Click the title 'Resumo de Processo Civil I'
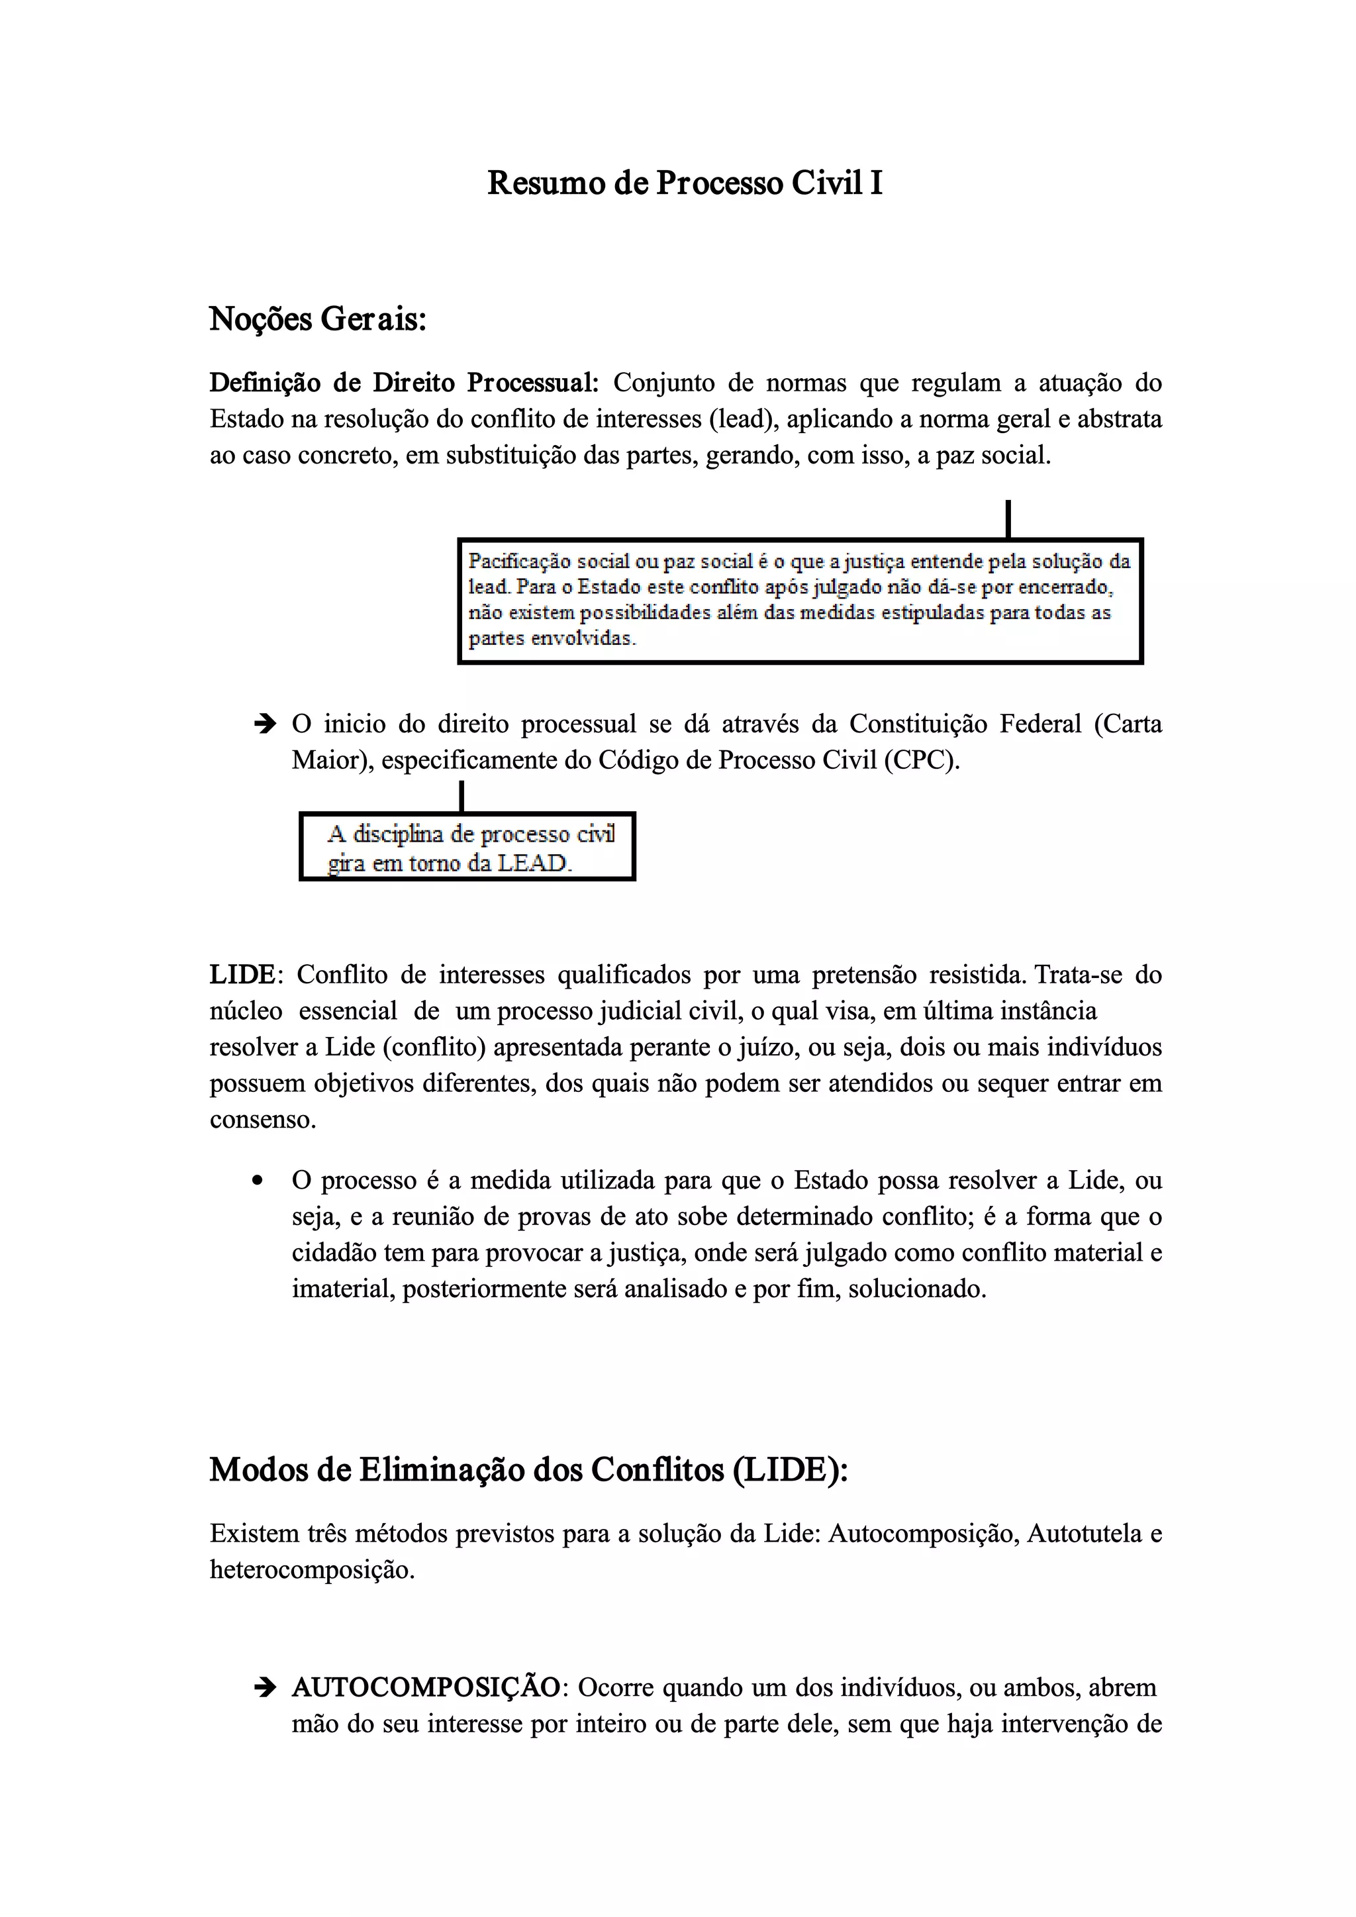[685, 183]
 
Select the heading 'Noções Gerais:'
[317, 319]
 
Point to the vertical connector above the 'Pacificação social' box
[1008, 518]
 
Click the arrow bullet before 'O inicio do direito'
[264, 723]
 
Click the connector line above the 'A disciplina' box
[461, 796]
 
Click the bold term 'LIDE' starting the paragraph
[242, 974]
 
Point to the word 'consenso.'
[263, 1120]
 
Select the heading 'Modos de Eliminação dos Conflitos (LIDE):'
[528, 1470]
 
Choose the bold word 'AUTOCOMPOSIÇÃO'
[426, 1687]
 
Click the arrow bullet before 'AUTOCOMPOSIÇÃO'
[264, 1687]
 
